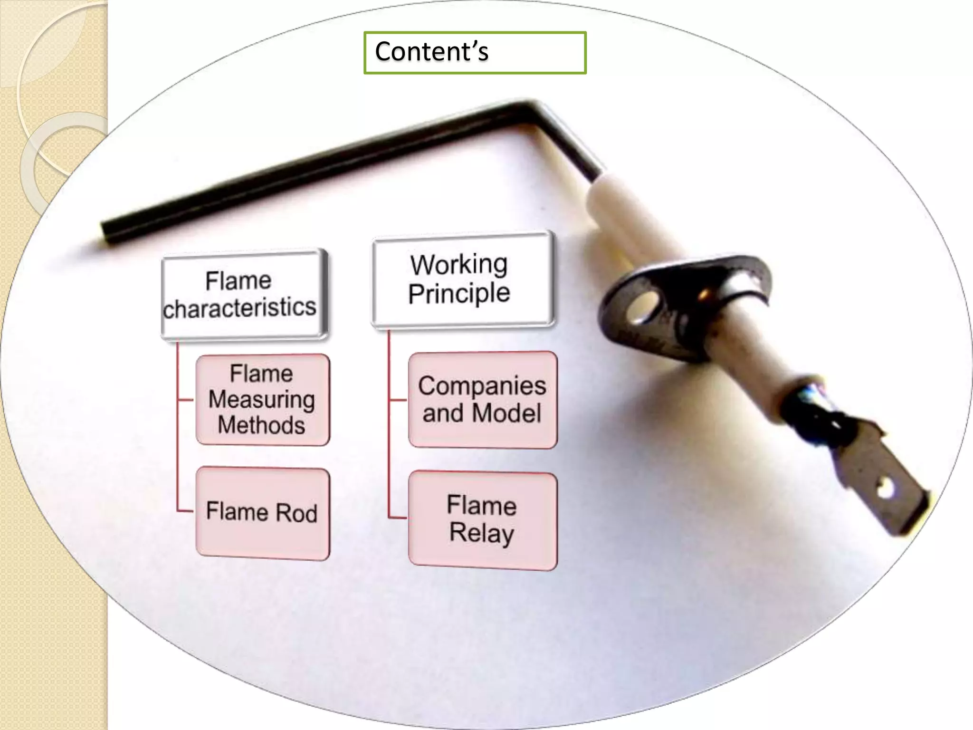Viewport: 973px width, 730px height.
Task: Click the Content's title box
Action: (475, 52)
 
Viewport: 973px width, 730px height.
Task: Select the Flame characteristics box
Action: (244, 295)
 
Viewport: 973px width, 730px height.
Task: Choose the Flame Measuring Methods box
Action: (263, 400)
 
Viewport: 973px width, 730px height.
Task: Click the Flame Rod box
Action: (263, 513)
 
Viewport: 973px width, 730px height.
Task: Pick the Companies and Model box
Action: (482, 400)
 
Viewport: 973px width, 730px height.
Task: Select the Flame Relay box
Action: (482, 520)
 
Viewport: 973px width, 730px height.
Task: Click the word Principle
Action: (459, 294)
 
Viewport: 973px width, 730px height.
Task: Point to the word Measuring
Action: (262, 400)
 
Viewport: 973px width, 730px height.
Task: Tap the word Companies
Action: (482, 385)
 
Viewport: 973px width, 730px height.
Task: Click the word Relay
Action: (482, 533)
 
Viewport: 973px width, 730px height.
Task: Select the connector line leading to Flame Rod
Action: (185, 511)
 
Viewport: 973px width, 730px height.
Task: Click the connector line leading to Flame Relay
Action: (397, 517)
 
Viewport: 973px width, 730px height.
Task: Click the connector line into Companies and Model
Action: (398, 400)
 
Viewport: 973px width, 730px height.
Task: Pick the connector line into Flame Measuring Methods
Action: (186, 400)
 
